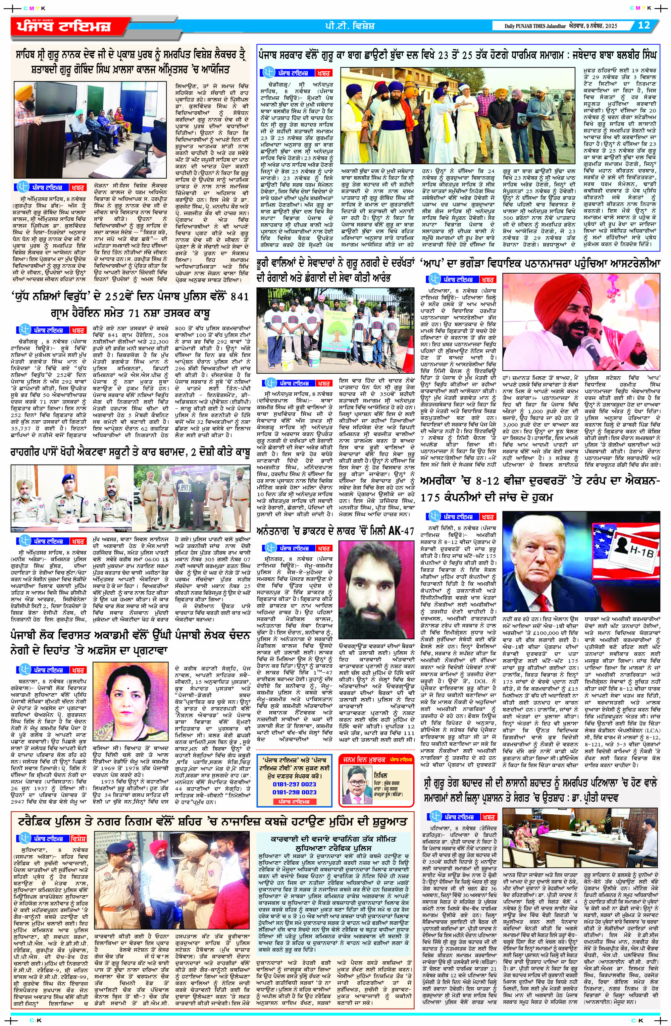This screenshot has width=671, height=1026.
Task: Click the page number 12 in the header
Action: click(x=644, y=25)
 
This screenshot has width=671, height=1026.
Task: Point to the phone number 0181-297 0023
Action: click(x=294, y=784)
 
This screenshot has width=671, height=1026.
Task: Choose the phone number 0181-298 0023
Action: click(x=294, y=792)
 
